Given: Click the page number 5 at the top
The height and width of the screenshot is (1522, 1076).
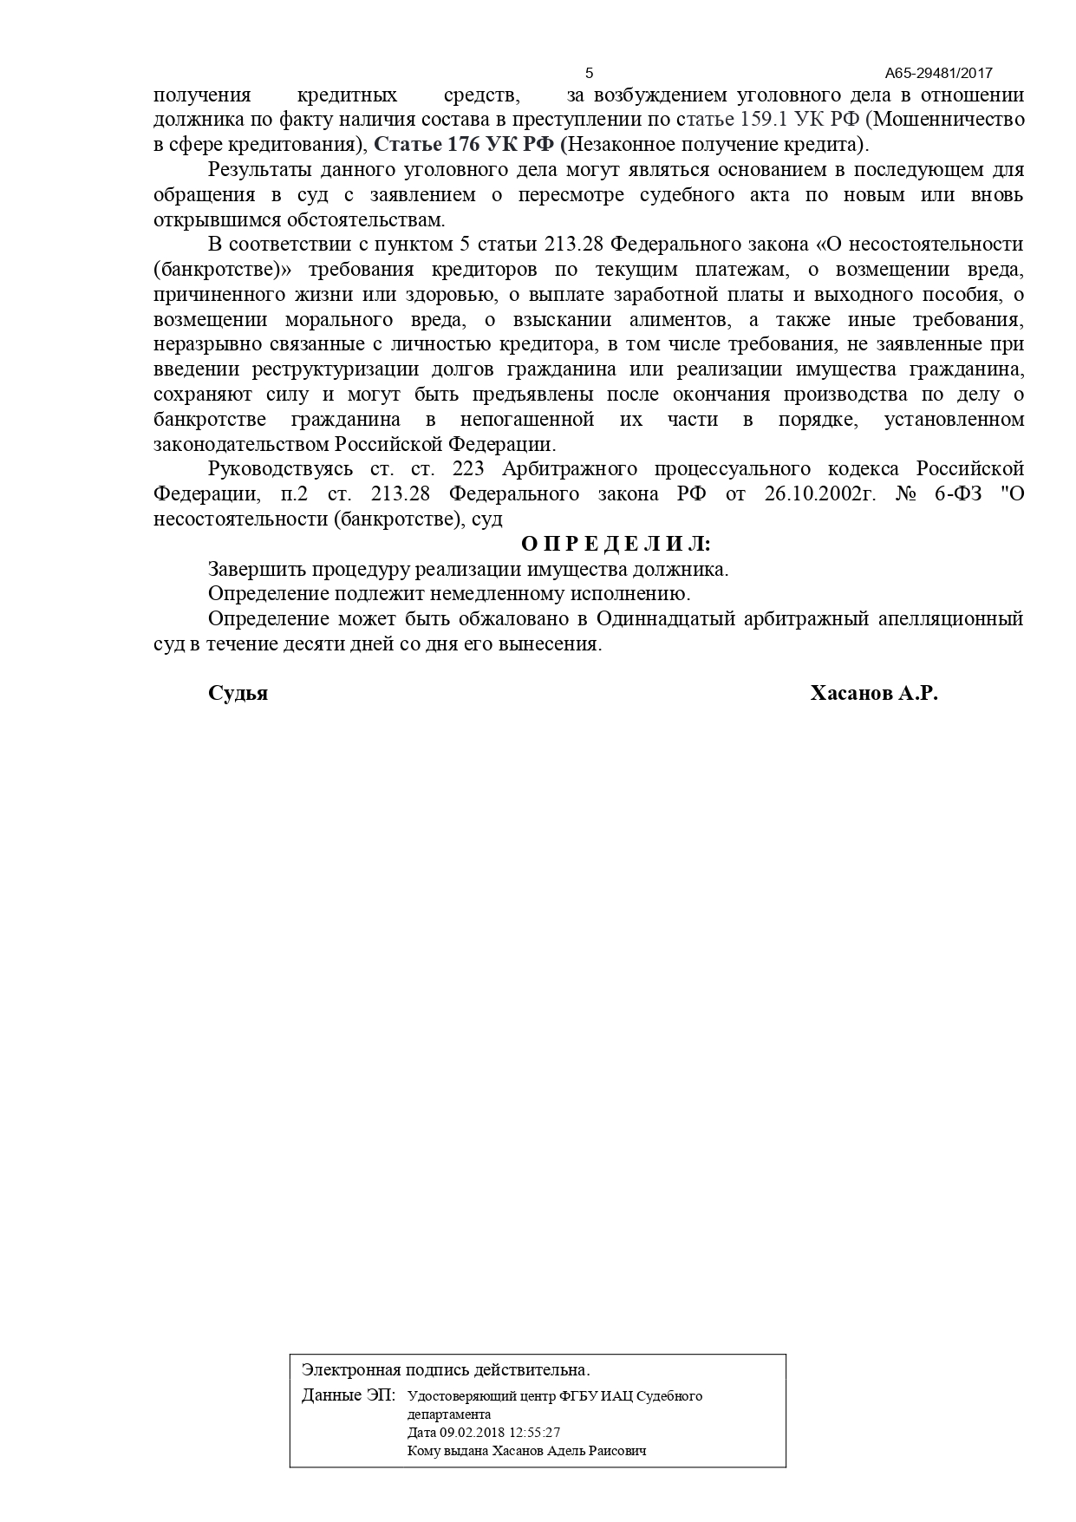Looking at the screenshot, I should (590, 73).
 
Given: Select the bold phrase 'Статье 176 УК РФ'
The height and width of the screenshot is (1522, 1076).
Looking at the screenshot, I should (464, 144).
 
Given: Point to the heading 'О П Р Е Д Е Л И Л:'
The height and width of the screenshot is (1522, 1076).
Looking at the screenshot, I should (616, 544).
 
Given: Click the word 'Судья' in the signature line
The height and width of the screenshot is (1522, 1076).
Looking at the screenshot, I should (238, 693).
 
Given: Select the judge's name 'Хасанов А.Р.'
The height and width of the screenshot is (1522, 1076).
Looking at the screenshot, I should (874, 693).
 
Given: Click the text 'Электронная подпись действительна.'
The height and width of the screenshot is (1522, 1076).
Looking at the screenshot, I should (446, 1369).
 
